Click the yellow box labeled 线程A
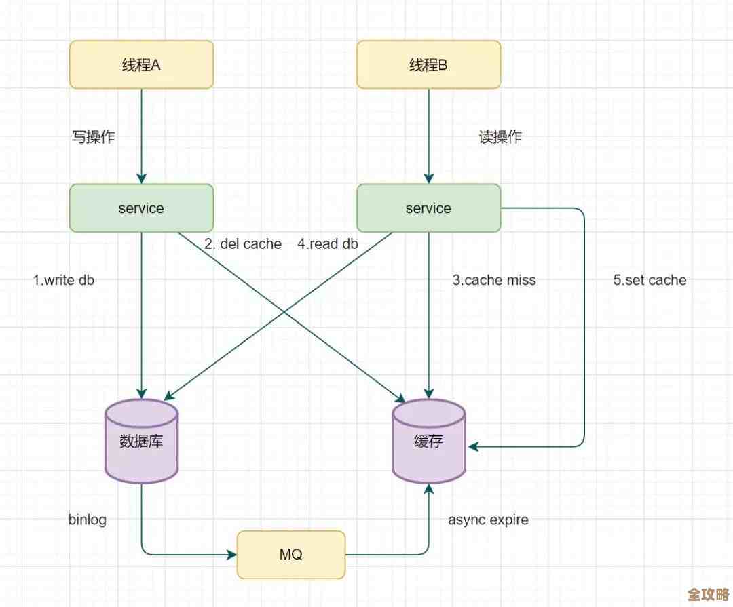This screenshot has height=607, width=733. pyautogui.click(x=141, y=64)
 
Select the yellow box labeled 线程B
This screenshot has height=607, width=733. pyautogui.click(x=428, y=64)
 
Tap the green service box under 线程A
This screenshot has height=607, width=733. pyautogui.click(x=141, y=208)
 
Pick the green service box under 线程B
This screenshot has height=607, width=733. pyautogui.click(x=428, y=208)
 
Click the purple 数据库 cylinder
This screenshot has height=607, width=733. pyautogui.click(x=141, y=441)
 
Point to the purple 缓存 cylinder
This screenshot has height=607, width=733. pyautogui.click(x=428, y=441)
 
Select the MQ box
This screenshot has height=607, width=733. pyautogui.click(x=290, y=554)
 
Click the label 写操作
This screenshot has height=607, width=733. pyautogui.click(x=94, y=137)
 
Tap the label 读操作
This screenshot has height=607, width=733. pyautogui.click(x=500, y=137)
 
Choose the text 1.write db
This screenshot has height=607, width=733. pyautogui.click(x=64, y=280)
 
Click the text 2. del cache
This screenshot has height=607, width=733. pyautogui.click(x=242, y=244)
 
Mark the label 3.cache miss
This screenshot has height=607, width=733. pyautogui.click(x=494, y=280)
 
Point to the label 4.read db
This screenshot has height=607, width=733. pyautogui.click(x=327, y=244)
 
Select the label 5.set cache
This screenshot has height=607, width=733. pyautogui.click(x=650, y=280)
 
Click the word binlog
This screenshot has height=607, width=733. pyautogui.click(x=88, y=520)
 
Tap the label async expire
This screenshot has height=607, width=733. pyautogui.click(x=488, y=520)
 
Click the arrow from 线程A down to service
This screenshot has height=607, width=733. pyautogui.click(x=141, y=136)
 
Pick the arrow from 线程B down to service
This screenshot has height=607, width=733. pyautogui.click(x=428, y=136)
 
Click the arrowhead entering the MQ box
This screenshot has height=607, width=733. pyautogui.click(x=231, y=554)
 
